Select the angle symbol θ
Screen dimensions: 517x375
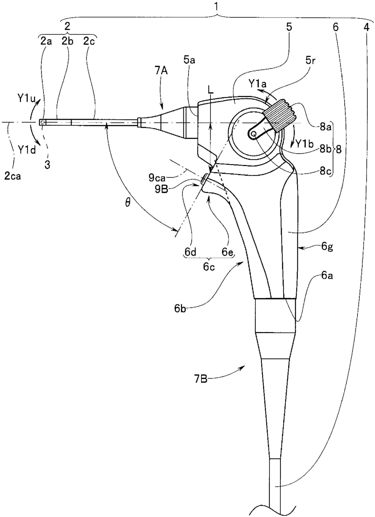point(128,203)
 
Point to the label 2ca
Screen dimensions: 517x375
point(13,176)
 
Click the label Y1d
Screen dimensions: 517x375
point(27,149)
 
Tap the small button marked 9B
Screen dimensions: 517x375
point(204,179)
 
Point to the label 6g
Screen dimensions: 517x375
point(327,247)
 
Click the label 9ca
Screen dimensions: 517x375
point(157,177)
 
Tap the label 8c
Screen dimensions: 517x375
point(325,171)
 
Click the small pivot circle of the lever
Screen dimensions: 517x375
point(254,134)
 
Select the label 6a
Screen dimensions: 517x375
point(327,275)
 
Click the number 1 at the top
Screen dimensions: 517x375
point(216,7)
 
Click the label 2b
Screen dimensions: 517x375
point(67,41)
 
